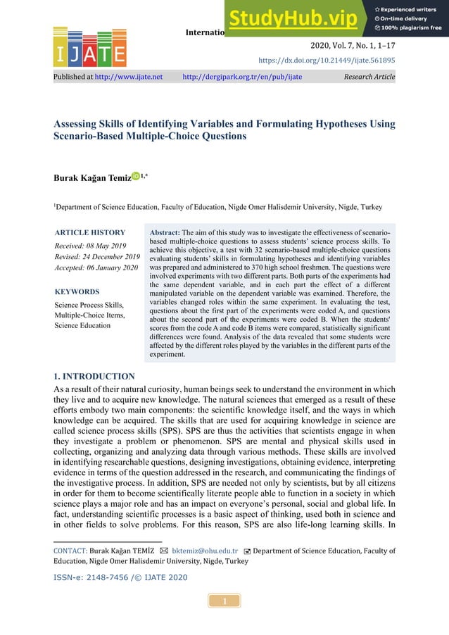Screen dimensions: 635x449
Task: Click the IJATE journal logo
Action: tap(89, 48)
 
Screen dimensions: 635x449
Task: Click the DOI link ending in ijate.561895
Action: tap(336, 61)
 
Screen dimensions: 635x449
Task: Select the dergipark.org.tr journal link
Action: tap(242, 77)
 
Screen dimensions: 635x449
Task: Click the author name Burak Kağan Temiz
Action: tap(91, 178)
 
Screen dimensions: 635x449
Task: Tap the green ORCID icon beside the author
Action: tap(135, 177)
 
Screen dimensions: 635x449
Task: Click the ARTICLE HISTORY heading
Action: tap(90, 232)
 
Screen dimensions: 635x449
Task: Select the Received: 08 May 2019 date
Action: tap(89, 245)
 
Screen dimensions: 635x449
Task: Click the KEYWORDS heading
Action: tap(77, 291)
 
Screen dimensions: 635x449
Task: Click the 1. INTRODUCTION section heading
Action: tap(94, 377)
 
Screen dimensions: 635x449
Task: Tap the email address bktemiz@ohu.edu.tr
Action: tap(201, 551)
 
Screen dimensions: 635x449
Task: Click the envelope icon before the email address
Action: tap(163, 551)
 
